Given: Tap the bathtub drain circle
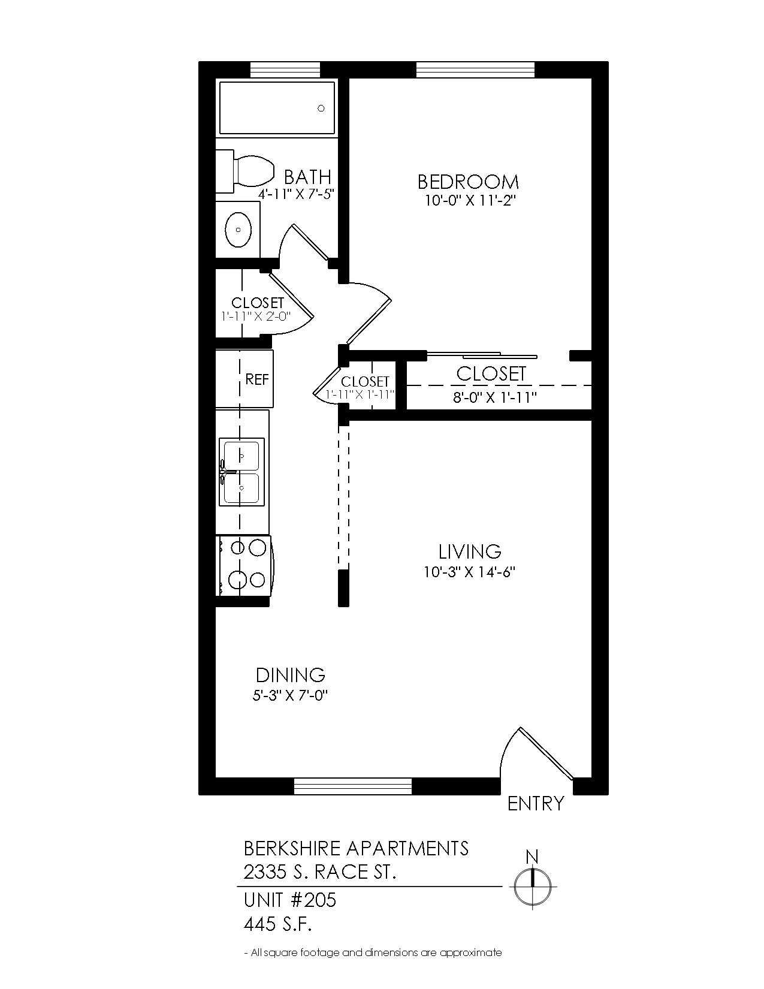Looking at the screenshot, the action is click(321, 108).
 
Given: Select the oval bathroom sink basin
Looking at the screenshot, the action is click(238, 230).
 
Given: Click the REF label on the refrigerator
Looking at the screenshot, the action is click(257, 379).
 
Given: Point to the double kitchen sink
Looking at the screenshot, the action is click(241, 472).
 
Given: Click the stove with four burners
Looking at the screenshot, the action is click(244, 565).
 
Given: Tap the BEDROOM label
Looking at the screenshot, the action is click(468, 182).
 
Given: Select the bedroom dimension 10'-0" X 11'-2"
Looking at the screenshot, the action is click(472, 200).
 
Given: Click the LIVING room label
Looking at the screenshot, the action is click(470, 551).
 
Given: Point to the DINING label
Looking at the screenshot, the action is click(290, 675).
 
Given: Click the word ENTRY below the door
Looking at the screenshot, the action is click(536, 803).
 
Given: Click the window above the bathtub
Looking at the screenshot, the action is click(285, 70).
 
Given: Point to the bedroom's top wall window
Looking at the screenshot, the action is click(475, 70).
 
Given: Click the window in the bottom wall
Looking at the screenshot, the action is click(353, 786).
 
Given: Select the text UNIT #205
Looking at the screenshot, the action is click(290, 900).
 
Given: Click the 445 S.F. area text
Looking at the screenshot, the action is click(277, 924).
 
